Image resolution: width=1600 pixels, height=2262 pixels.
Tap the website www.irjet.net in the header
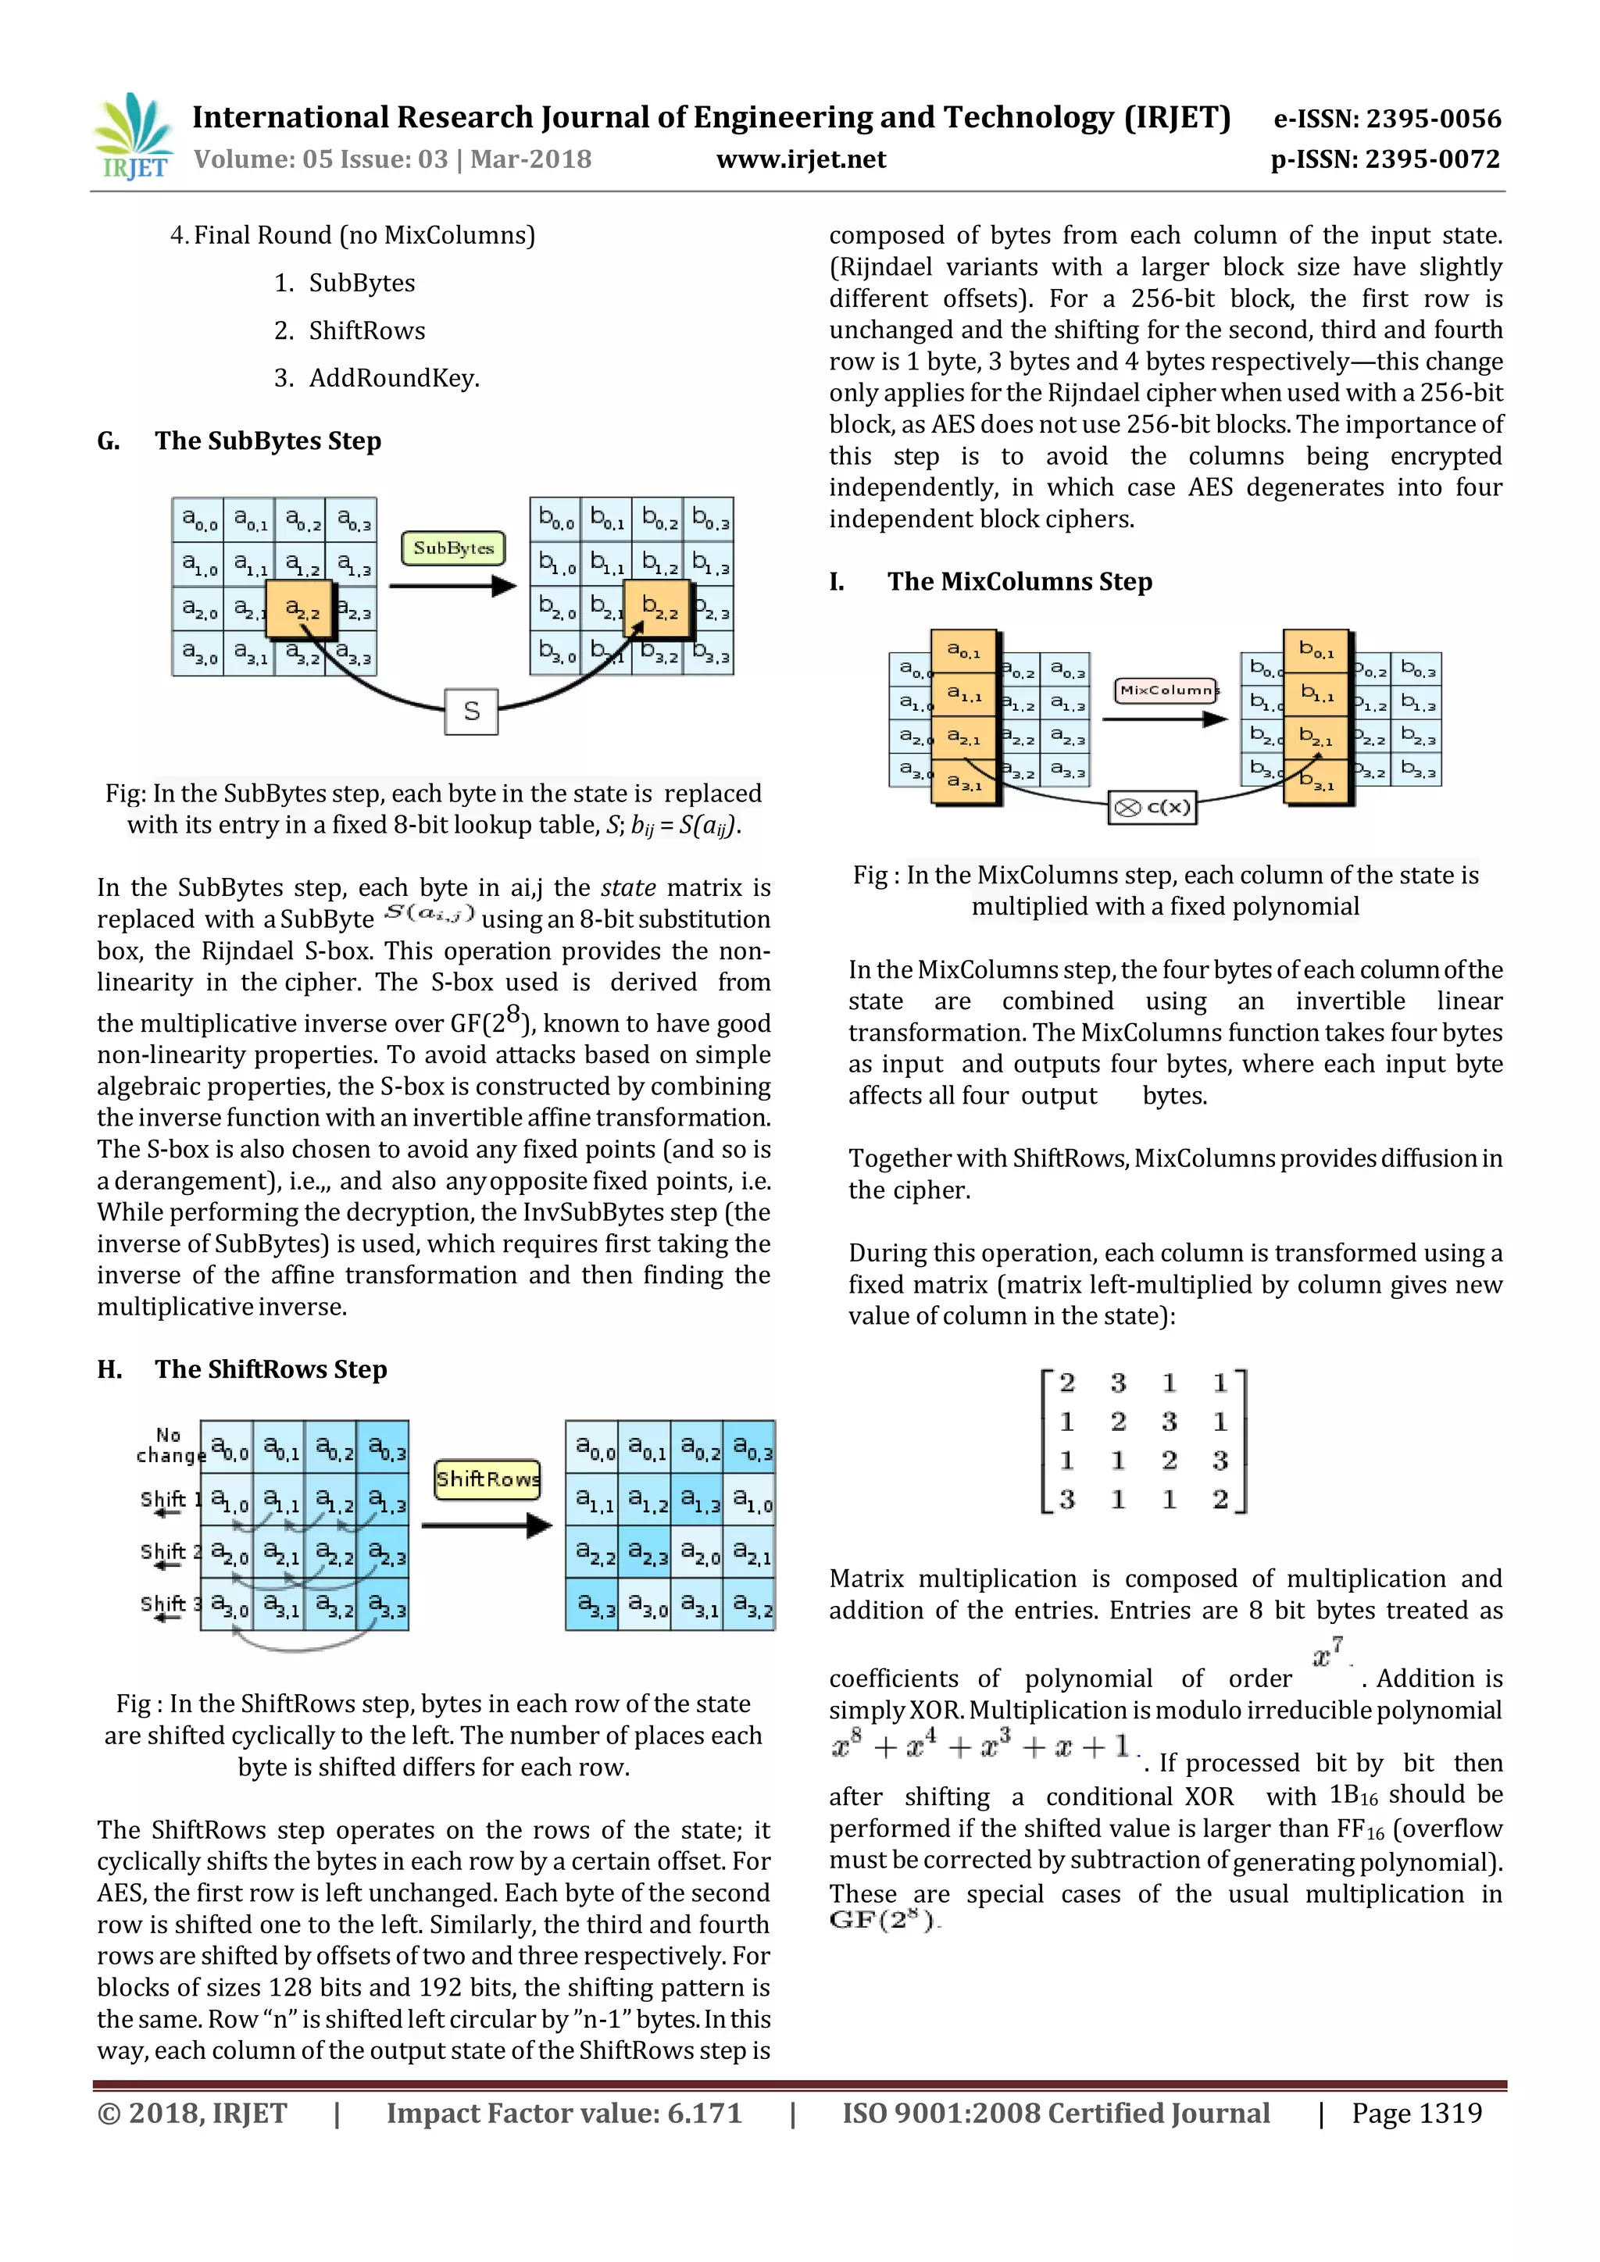(x=800, y=159)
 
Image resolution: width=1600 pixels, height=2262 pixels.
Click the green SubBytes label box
(x=453, y=548)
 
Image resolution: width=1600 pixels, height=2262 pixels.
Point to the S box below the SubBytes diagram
(x=471, y=712)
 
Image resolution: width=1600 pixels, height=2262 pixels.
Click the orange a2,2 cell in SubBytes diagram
(x=301, y=610)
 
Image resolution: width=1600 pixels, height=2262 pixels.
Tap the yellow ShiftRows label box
(x=487, y=1479)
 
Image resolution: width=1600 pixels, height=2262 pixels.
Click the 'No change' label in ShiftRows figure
(x=169, y=1445)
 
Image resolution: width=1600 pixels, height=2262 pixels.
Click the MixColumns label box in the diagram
(x=1166, y=690)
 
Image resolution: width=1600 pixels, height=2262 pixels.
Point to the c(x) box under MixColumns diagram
(x=1152, y=808)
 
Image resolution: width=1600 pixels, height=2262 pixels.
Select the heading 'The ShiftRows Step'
(x=270, y=1369)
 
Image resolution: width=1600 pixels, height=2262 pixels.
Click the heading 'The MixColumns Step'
(x=1019, y=581)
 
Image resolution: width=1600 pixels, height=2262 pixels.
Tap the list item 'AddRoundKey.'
(x=393, y=378)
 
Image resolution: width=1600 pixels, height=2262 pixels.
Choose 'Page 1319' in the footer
(x=1416, y=2114)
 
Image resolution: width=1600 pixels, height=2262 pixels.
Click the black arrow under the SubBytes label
(x=452, y=586)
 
